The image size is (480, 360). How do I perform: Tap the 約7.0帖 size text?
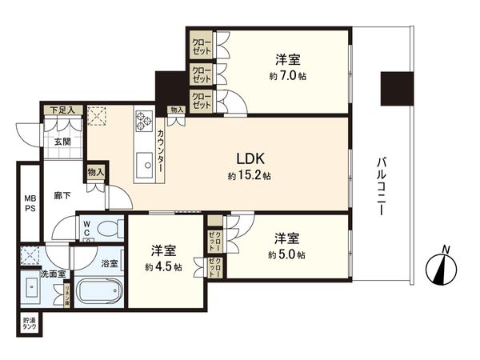(x=286, y=77)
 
